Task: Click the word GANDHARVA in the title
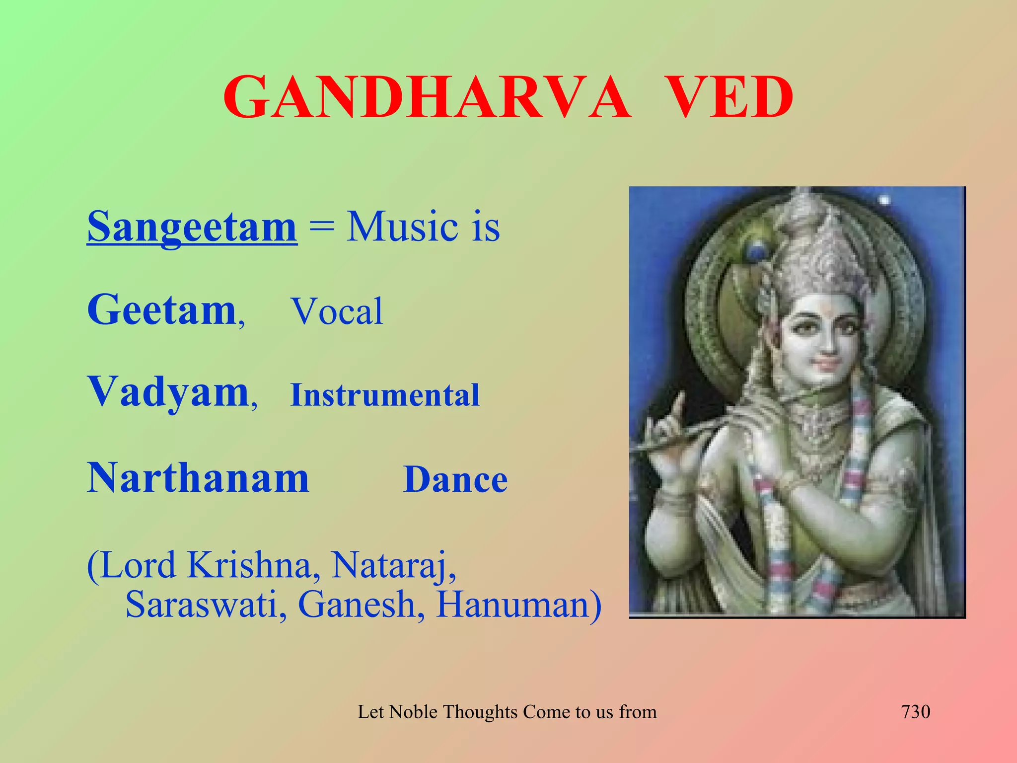click(x=427, y=97)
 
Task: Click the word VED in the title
click(x=728, y=97)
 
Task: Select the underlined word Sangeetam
click(x=192, y=227)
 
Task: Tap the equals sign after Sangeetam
click(x=321, y=229)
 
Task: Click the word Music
click(x=402, y=227)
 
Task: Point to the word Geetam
click(x=162, y=310)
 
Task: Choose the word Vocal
click(x=337, y=312)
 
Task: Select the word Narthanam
click(x=198, y=478)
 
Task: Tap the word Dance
click(x=455, y=480)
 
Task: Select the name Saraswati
click(x=202, y=605)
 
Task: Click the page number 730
click(x=915, y=712)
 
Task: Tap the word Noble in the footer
click(x=413, y=712)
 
